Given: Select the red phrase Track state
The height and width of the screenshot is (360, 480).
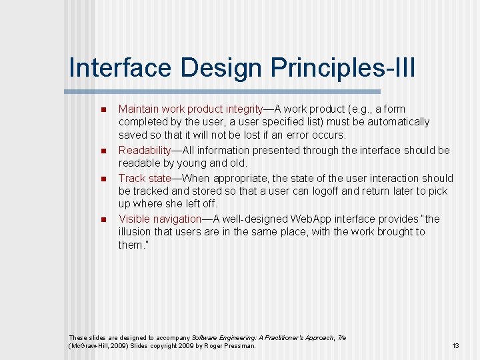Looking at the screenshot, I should [143, 178].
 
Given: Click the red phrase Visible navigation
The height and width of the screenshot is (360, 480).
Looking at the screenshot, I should [160, 219].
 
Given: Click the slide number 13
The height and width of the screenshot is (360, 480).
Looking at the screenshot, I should [456, 346].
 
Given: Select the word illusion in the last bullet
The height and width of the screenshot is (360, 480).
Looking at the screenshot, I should [137, 232].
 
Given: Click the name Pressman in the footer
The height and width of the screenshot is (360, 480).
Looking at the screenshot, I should [240, 346].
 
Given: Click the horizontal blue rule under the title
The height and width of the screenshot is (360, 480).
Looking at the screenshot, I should [223, 91].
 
